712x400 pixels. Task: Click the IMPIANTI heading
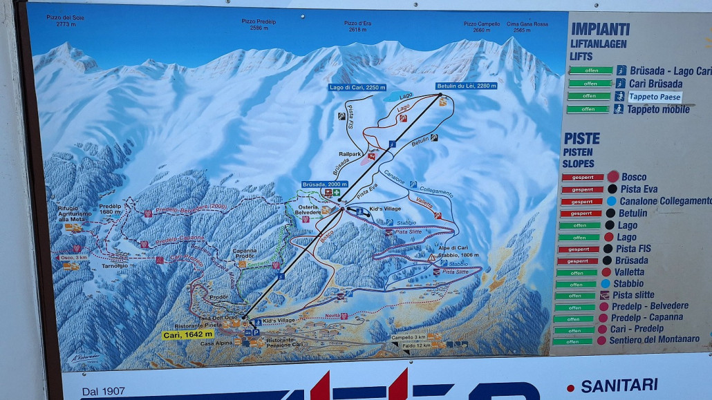click(x=600, y=29)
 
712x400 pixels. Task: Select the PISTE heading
click(x=581, y=138)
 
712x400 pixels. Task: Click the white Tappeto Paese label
click(x=655, y=97)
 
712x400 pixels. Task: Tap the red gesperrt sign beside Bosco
click(x=582, y=177)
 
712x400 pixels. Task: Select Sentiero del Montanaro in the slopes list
click(x=655, y=339)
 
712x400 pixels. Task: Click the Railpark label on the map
click(x=350, y=154)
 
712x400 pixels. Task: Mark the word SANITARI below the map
click(x=619, y=385)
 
